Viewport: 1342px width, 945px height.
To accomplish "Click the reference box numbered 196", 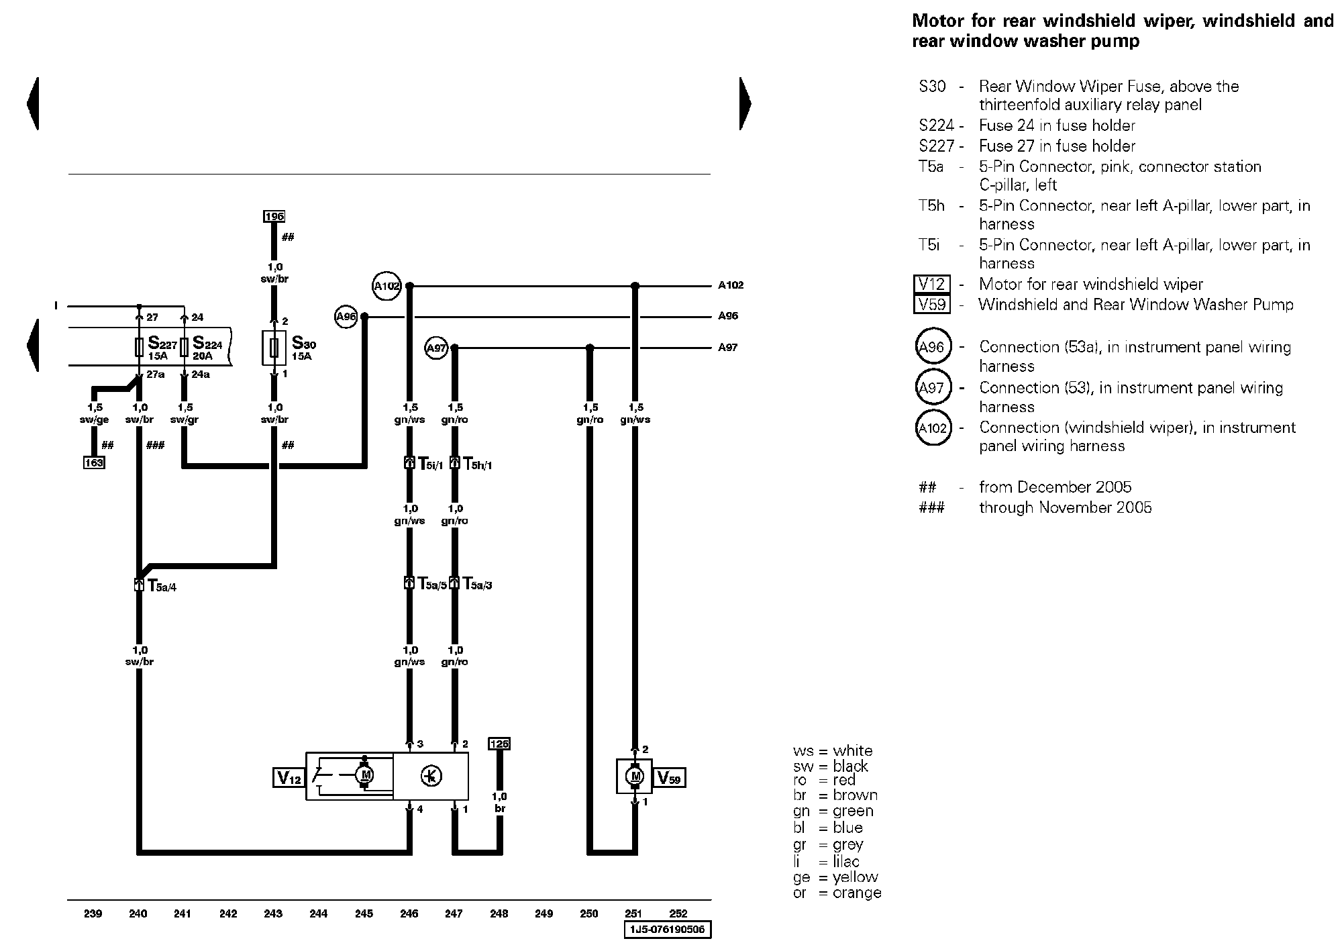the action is click(x=274, y=216).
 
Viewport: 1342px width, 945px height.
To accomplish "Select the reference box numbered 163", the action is click(x=94, y=462).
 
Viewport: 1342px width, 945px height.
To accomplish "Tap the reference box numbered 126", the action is click(x=499, y=744).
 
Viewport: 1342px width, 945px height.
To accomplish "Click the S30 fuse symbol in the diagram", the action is click(x=274, y=348).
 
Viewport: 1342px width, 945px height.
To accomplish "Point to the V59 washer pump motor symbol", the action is click(x=634, y=777).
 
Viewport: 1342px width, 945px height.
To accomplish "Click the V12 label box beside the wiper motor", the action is click(x=289, y=778).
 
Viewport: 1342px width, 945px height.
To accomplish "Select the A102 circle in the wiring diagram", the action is click(x=386, y=286).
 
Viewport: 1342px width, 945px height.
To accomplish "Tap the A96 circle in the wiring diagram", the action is click(x=346, y=316).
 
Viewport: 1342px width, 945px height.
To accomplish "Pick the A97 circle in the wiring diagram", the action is click(x=437, y=348).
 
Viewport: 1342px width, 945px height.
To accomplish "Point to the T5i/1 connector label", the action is click(x=430, y=464).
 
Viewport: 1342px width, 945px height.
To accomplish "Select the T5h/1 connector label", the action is click(x=478, y=464).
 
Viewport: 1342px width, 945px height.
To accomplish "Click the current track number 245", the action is click(x=364, y=913).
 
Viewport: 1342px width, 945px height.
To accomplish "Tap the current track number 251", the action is click(x=633, y=913).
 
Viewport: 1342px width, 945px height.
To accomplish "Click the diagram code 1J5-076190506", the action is click(x=667, y=930).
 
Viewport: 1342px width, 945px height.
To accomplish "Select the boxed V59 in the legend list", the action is click(x=932, y=305).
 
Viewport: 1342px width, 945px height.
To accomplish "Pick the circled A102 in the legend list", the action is click(x=933, y=428).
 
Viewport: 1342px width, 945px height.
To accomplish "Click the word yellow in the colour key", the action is click(x=856, y=877).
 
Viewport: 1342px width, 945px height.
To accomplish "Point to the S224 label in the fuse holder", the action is click(x=207, y=344).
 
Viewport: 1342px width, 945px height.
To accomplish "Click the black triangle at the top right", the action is click(x=745, y=103).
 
